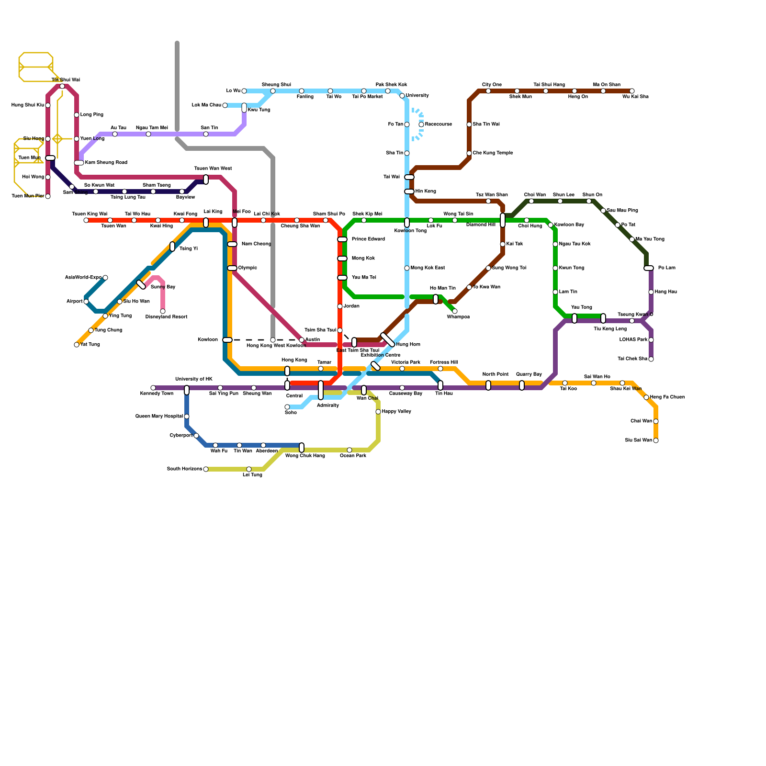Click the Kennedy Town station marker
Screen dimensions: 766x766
click(x=153, y=388)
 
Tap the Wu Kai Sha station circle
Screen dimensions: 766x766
click(x=632, y=91)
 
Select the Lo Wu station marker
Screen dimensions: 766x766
click(x=244, y=91)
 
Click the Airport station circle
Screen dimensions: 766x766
click(x=86, y=302)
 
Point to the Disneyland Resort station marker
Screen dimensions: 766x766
click(x=163, y=311)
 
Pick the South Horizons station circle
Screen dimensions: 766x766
click(x=206, y=469)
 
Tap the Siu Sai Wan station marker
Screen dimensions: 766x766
click(x=656, y=440)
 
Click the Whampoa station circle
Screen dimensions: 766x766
click(x=455, y=311)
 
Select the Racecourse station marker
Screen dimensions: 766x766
click(x=421, y=124)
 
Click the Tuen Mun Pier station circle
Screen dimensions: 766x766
click(x=48, y=196)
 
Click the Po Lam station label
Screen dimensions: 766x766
click(x=666, y=268)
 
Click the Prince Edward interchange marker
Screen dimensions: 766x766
click(x=342, y=239)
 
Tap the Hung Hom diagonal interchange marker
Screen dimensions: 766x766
click(x=388, y=340)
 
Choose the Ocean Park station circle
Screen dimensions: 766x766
click(x=349, y=450)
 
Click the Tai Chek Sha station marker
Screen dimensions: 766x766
click(x=651, y=359)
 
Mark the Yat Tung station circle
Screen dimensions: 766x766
click(x=77, y=345)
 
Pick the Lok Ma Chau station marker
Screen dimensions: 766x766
click(x=225, y=105)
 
